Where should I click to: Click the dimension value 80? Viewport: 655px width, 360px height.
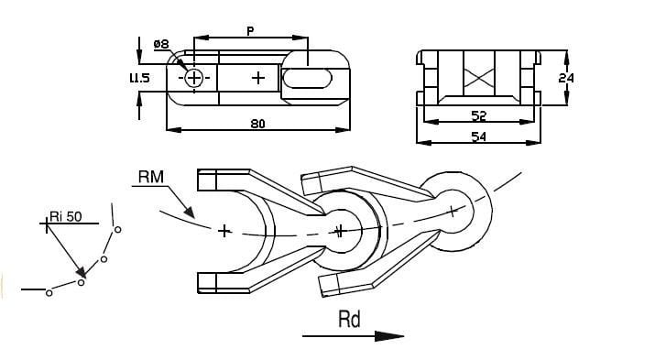point(257,124)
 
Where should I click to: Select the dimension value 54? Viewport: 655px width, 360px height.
point(478,136)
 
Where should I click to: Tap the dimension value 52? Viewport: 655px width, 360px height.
point(479,115)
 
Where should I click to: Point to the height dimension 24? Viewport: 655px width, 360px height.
point(566,78)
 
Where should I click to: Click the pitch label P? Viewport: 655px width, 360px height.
point(250,31)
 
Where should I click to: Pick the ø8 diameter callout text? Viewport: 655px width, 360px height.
point(161,44)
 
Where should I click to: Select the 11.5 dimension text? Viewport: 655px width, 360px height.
point(139,78)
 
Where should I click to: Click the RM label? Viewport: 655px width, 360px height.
point(151,177)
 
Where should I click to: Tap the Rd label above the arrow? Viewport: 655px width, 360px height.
point(349,320)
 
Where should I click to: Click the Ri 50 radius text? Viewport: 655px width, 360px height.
point(66,216)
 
